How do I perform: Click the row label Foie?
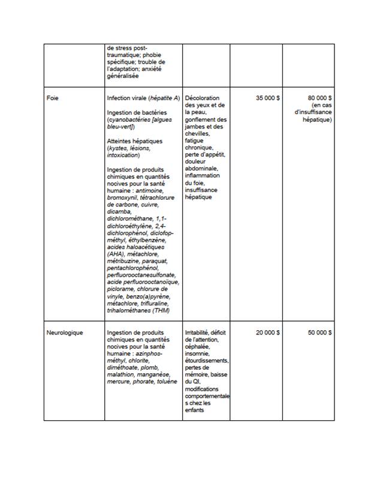click(52, 98)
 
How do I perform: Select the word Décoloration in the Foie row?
click(203, 98)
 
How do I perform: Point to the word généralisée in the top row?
click(122, 76)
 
